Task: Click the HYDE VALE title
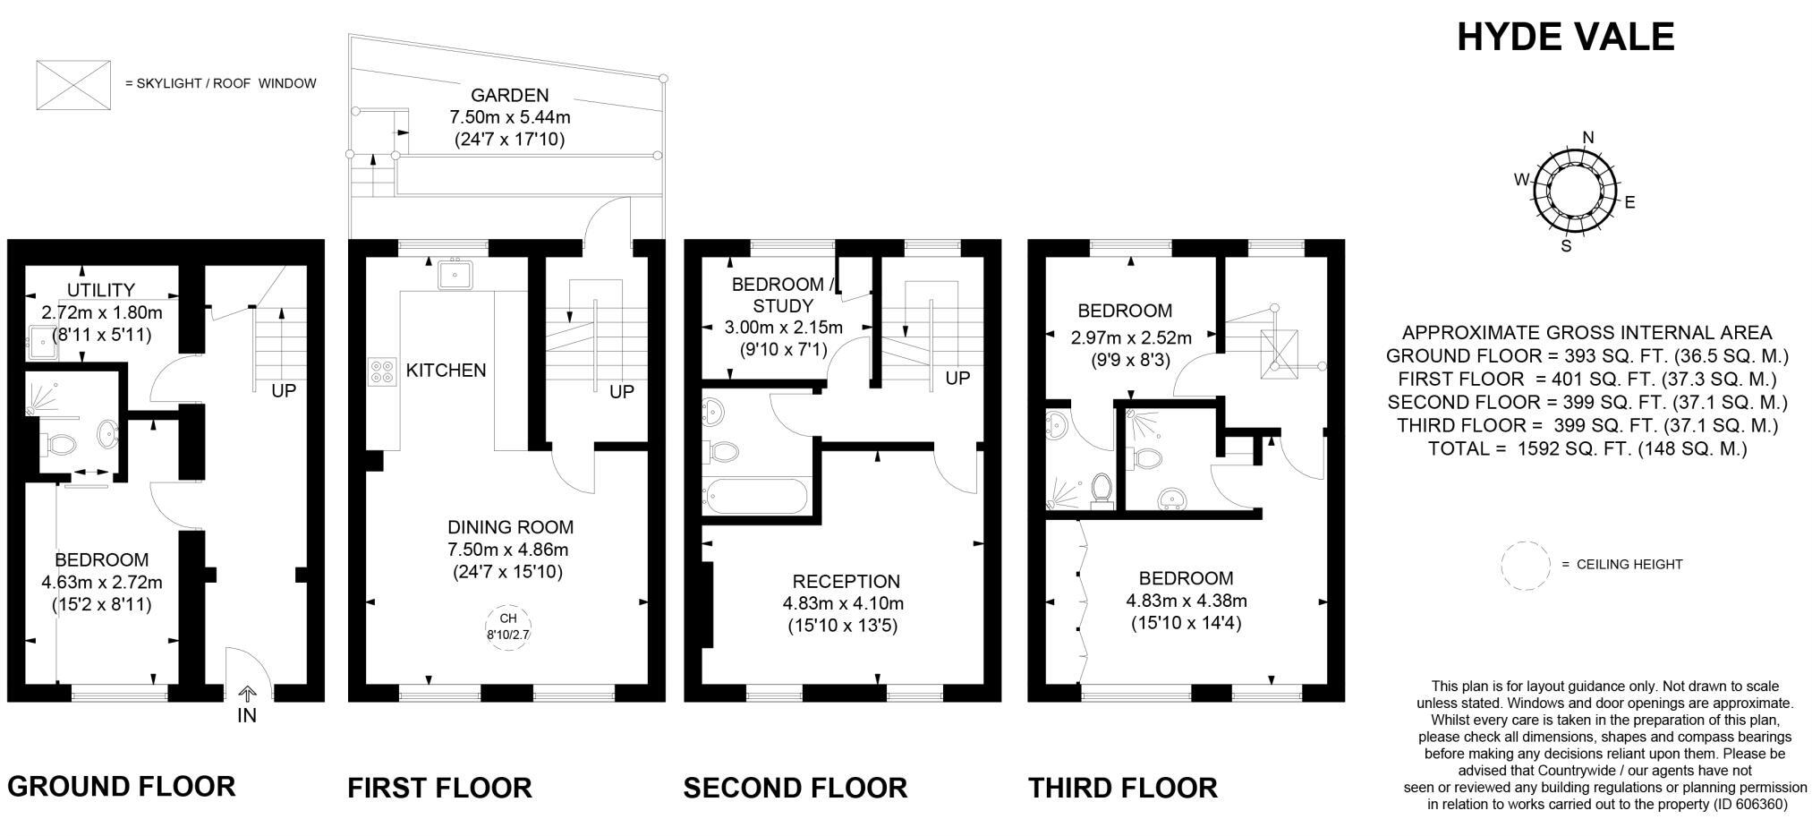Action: point(1565,37)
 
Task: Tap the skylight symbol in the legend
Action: point(73,85)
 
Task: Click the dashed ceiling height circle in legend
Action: point(1525,565)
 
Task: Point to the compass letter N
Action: point(1588,138)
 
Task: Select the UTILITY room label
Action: point(101,290)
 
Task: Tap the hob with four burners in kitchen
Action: point(382,371)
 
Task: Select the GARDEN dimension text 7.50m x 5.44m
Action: point(509,117)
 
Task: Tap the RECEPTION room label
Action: point(846,582)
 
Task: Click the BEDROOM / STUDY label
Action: point(783,295)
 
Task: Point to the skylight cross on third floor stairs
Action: point(1279,349)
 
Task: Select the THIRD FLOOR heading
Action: point(1122,789)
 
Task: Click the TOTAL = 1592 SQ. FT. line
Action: point(1587,448)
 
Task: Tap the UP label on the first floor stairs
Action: point(622,392)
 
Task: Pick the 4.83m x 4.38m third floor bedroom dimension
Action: point(1186,601)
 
